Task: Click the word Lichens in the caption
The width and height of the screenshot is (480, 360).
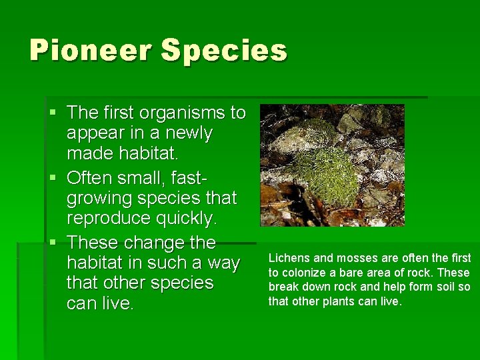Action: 287,258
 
